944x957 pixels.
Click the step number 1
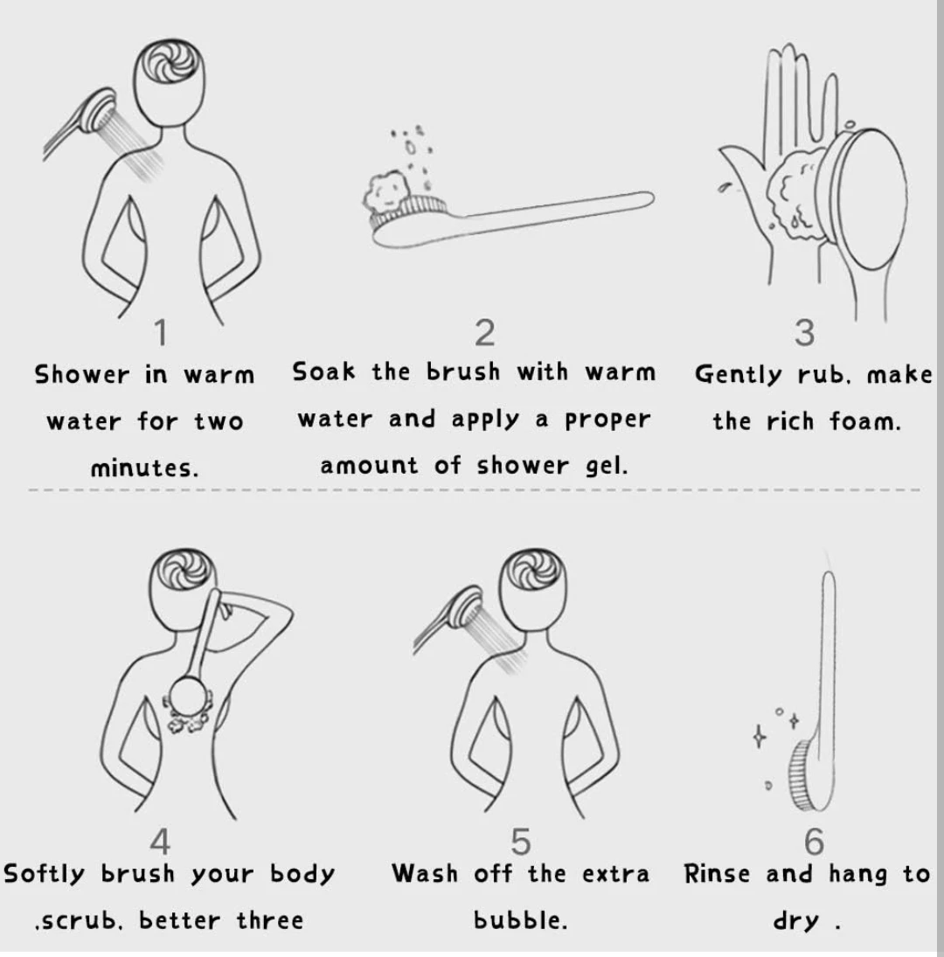[161, 333]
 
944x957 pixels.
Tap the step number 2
[485, 333]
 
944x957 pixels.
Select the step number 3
[804, 333]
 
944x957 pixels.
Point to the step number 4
[160, 842]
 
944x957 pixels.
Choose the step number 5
[521, 842]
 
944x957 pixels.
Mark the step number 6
[814, 842]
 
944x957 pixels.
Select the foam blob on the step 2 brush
[385, 191]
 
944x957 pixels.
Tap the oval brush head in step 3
[865, 199]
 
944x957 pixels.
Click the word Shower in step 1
[82, 374]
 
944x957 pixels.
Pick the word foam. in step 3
[864, 420]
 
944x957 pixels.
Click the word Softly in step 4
[44, 873]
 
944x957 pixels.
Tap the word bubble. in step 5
[521, 919]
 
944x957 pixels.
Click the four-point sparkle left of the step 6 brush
[759, 736]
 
